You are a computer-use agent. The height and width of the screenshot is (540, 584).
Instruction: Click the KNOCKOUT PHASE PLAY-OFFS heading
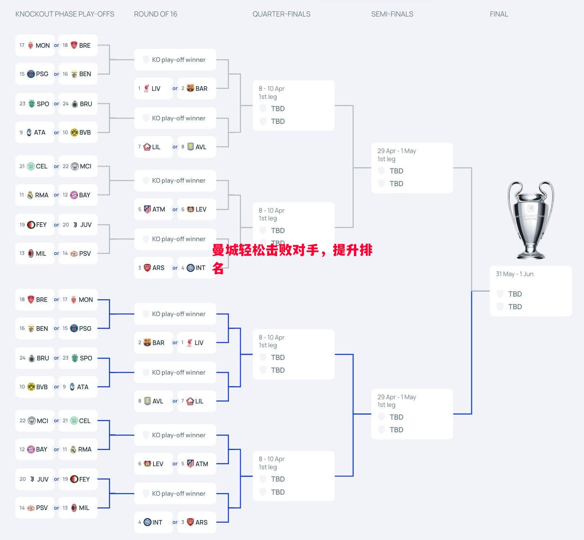click(x=65, y=14)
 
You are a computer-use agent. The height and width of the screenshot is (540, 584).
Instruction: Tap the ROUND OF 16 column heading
click(x=155, y=14)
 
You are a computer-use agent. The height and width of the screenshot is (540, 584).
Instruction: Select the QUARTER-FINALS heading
click(x=281, y=14)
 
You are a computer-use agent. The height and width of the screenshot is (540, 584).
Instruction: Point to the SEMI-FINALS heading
click(x=392, y=14)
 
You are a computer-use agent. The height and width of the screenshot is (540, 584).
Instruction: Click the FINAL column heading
click(x=499, y=14)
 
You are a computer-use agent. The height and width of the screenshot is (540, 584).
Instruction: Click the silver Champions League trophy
click(x=531, y=219)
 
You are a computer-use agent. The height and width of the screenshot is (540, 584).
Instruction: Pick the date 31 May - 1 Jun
click(x=514, y=274)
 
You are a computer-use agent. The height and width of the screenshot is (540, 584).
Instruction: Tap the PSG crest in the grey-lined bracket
click(x=31, y=74)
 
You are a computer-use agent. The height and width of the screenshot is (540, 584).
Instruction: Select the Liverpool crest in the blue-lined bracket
click(x=190, y=343)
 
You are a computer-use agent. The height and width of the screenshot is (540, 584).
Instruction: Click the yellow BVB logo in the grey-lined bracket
click(x=74, y=132)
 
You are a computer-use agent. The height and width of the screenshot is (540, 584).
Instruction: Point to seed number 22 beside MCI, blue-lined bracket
click(x=23, y=421)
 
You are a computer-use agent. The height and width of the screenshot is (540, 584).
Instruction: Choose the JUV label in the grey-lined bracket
click(x=86, y=225)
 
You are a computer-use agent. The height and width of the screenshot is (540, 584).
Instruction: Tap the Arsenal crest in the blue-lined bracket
click(x=190, y=522)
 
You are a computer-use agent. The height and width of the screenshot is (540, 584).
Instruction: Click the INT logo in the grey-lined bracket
click(x=190, y=268)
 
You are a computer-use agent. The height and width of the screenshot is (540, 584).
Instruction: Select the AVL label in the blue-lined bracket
click(x=158, y=401)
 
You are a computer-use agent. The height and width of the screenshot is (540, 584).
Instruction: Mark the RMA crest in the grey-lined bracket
click(x=30, y=195)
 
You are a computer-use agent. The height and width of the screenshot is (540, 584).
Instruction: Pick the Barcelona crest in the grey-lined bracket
click(x=190, y=88)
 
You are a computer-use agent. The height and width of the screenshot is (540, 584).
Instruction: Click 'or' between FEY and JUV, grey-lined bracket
click(x=57, y=225)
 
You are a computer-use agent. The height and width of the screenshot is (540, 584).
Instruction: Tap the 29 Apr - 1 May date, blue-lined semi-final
click(x=396, y=397)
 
